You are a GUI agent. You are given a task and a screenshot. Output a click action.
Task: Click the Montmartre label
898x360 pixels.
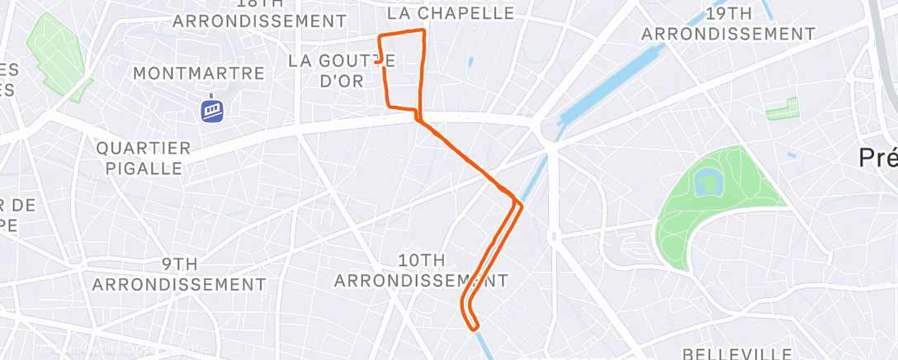pos(198,73)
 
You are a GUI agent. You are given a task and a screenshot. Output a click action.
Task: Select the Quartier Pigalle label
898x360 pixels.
pos(144,158)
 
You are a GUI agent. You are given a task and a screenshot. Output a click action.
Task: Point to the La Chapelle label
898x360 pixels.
pos(451,13)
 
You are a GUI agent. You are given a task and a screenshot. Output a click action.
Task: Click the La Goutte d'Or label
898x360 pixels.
pos(343,71)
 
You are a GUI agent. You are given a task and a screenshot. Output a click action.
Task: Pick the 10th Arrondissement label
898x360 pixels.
pos(421,270)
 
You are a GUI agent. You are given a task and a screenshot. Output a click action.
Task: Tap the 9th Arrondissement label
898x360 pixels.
pos(179,274)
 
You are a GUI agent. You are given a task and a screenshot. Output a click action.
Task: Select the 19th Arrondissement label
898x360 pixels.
pos(728,25)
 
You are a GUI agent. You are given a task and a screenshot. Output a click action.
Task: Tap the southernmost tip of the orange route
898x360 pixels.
pos(475,329)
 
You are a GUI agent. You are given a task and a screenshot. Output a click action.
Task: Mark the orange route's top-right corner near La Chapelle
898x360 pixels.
pos(423,31)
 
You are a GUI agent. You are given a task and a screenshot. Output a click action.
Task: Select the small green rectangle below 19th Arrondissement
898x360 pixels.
pos(782,110)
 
